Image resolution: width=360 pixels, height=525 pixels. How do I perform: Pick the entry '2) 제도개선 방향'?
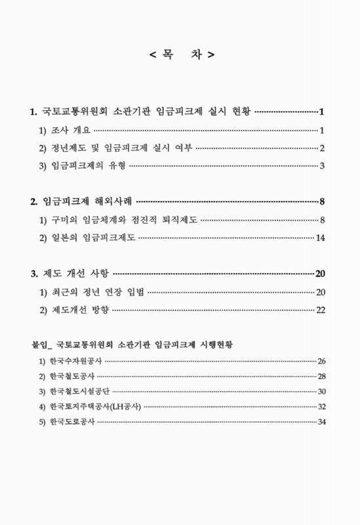[75, 309]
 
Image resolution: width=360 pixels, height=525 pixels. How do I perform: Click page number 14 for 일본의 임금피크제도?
[321, 236]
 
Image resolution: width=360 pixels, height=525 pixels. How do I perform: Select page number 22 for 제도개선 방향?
[321, 309]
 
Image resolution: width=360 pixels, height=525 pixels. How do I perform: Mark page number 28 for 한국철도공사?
[321, 377]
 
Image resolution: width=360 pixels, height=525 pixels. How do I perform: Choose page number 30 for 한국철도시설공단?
[321, 392]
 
